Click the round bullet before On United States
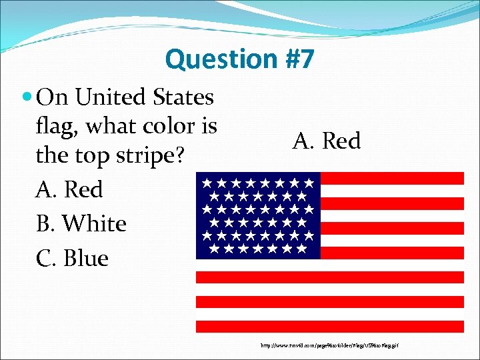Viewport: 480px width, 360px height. (x=27, y=98)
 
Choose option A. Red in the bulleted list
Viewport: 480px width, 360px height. (x=69, y=190)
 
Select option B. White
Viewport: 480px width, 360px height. (x=81, y=224)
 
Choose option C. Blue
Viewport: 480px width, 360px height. (x=72, y=258)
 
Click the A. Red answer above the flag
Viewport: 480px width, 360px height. (x=326, y=141)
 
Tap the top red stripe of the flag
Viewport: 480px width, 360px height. (x=392, y=178)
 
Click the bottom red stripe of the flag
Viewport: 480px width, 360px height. (x=329, y=327)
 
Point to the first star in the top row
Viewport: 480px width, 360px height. (x=207, y=181)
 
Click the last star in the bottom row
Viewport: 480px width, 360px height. (x=302, y=249)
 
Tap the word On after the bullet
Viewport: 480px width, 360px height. (x=53, y=98)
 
